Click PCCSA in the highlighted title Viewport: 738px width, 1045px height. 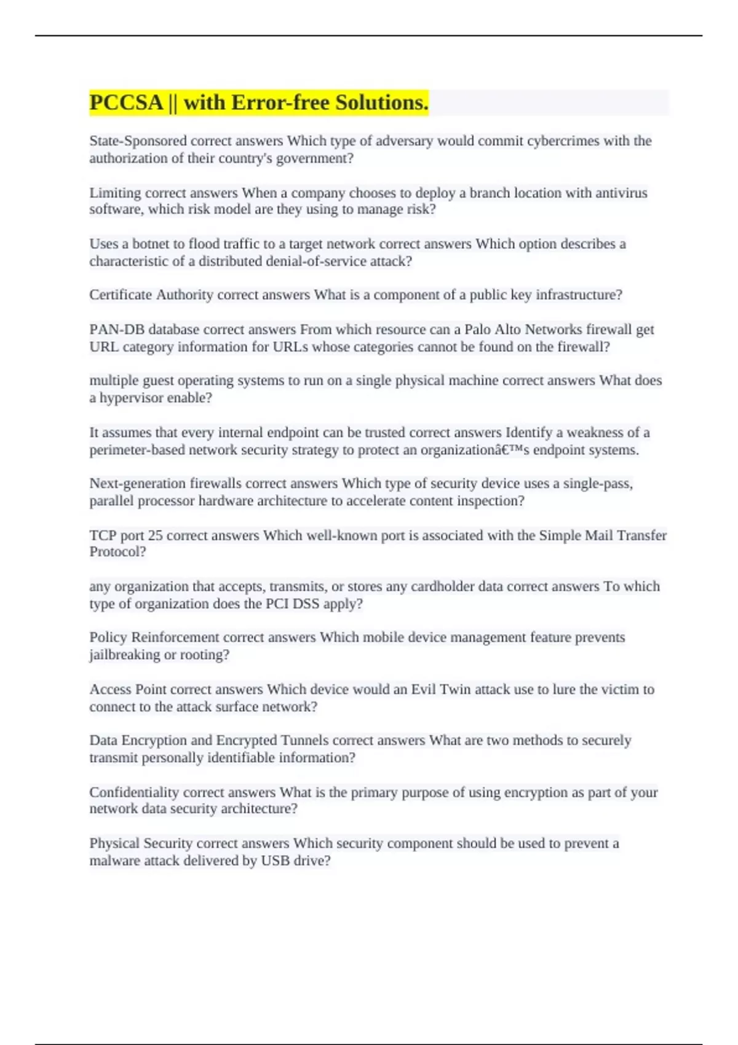pyautogui.click(x=126, y=103)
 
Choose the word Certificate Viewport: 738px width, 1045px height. pyautogui.click(x=121, y=295)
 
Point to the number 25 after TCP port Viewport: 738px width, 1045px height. pyautogui.click(x=155, y=535)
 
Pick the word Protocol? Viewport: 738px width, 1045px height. pyautogui.click(x=117, y=552)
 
